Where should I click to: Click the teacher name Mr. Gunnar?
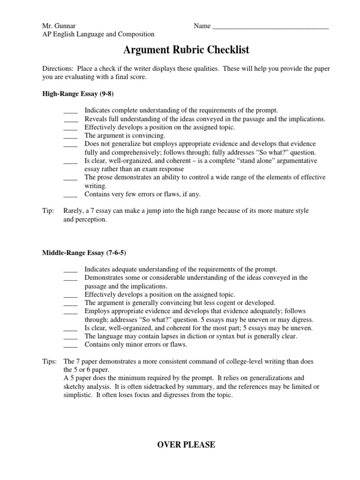tap(58, 26)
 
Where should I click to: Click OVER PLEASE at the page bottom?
tap(186, 445)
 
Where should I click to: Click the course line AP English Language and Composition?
tap(98, 34)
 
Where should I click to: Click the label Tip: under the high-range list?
tap(48, 211)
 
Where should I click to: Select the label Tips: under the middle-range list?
tap(50, 361)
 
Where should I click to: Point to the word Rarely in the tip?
tap(74, 211)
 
